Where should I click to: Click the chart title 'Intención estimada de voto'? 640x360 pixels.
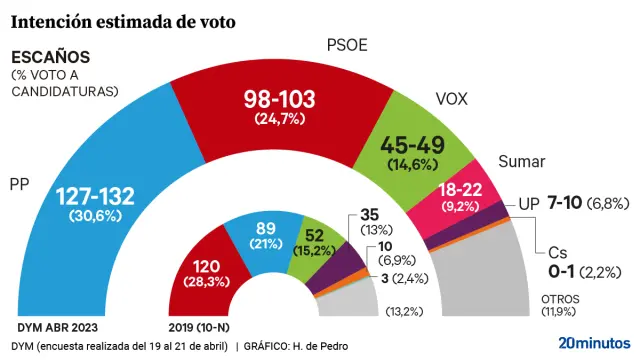point(123,20)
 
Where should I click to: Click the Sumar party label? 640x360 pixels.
point(519,162)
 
